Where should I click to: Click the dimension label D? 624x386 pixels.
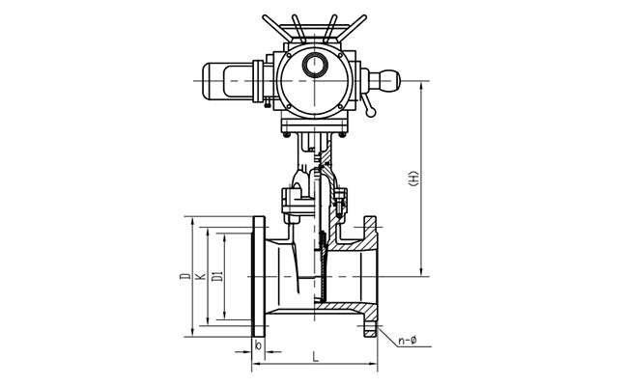[185, 275]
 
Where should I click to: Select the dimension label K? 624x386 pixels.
[201, 276]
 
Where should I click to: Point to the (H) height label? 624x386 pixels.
[413, 179]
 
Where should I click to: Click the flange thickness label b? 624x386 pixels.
[258, 345]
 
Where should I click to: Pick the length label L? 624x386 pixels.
[315, 356]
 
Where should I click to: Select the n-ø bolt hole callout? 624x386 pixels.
[407, 341]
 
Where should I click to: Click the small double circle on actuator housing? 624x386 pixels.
[315, 65]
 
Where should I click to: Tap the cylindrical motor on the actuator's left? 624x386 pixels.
[228, 81]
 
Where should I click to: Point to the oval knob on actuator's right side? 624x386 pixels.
[384, 81]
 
